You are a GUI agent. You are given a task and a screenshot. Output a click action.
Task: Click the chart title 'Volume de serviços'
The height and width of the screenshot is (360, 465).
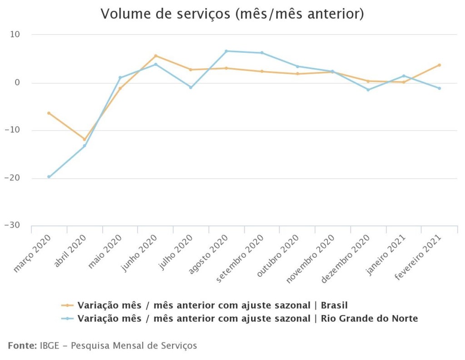(232, 14)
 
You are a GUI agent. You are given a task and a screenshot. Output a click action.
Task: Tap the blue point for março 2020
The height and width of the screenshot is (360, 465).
(49, 177)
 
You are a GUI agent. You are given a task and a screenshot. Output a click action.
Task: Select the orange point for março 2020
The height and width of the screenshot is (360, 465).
(49, 113)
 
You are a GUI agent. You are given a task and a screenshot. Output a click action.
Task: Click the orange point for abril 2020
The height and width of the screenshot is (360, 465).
(84, 140)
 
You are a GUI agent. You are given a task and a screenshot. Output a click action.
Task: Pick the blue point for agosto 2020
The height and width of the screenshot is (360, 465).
(226, 51)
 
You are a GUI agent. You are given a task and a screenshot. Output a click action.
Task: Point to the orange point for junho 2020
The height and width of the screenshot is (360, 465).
(155, 56)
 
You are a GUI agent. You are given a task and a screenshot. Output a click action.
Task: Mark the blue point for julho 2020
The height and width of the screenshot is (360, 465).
(191, 87)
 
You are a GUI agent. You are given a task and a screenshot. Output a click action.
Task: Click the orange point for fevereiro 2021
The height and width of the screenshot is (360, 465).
(439, 65)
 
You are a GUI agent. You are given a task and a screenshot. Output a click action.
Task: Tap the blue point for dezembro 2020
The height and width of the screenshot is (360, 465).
(368, 90)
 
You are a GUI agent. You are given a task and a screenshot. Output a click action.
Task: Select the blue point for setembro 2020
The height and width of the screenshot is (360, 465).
(262, 53)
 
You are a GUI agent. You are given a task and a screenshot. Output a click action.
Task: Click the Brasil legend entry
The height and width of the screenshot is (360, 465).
(213, 305)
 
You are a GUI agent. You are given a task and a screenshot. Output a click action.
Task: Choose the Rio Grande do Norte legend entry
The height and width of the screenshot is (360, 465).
(247, 319)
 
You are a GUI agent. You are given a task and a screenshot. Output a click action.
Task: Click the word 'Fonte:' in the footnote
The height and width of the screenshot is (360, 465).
(22, 346)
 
